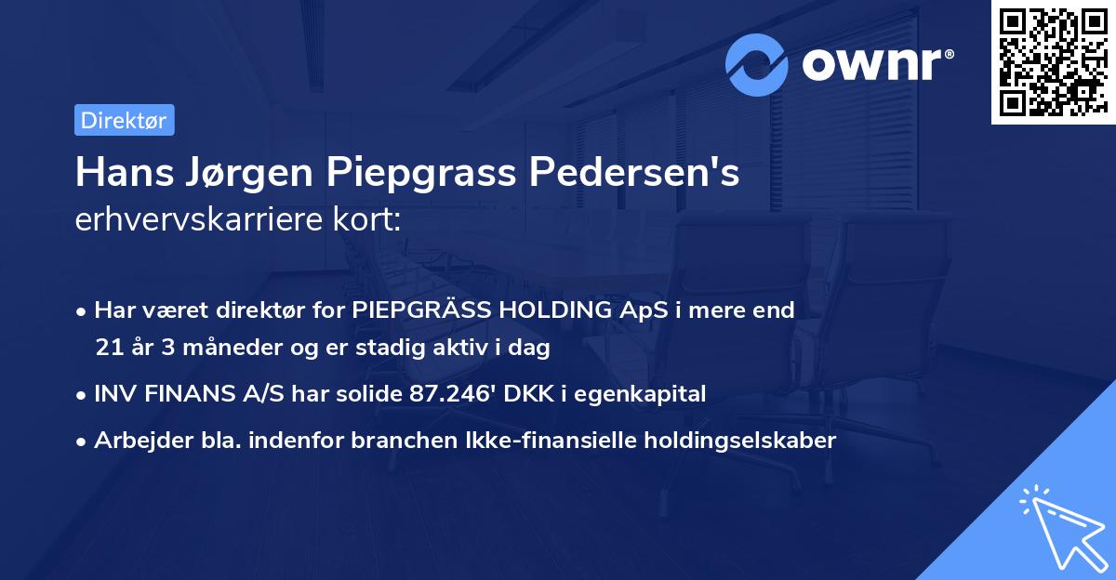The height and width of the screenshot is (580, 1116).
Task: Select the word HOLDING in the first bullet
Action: (539, 310)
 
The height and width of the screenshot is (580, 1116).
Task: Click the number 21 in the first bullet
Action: (107, 348)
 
